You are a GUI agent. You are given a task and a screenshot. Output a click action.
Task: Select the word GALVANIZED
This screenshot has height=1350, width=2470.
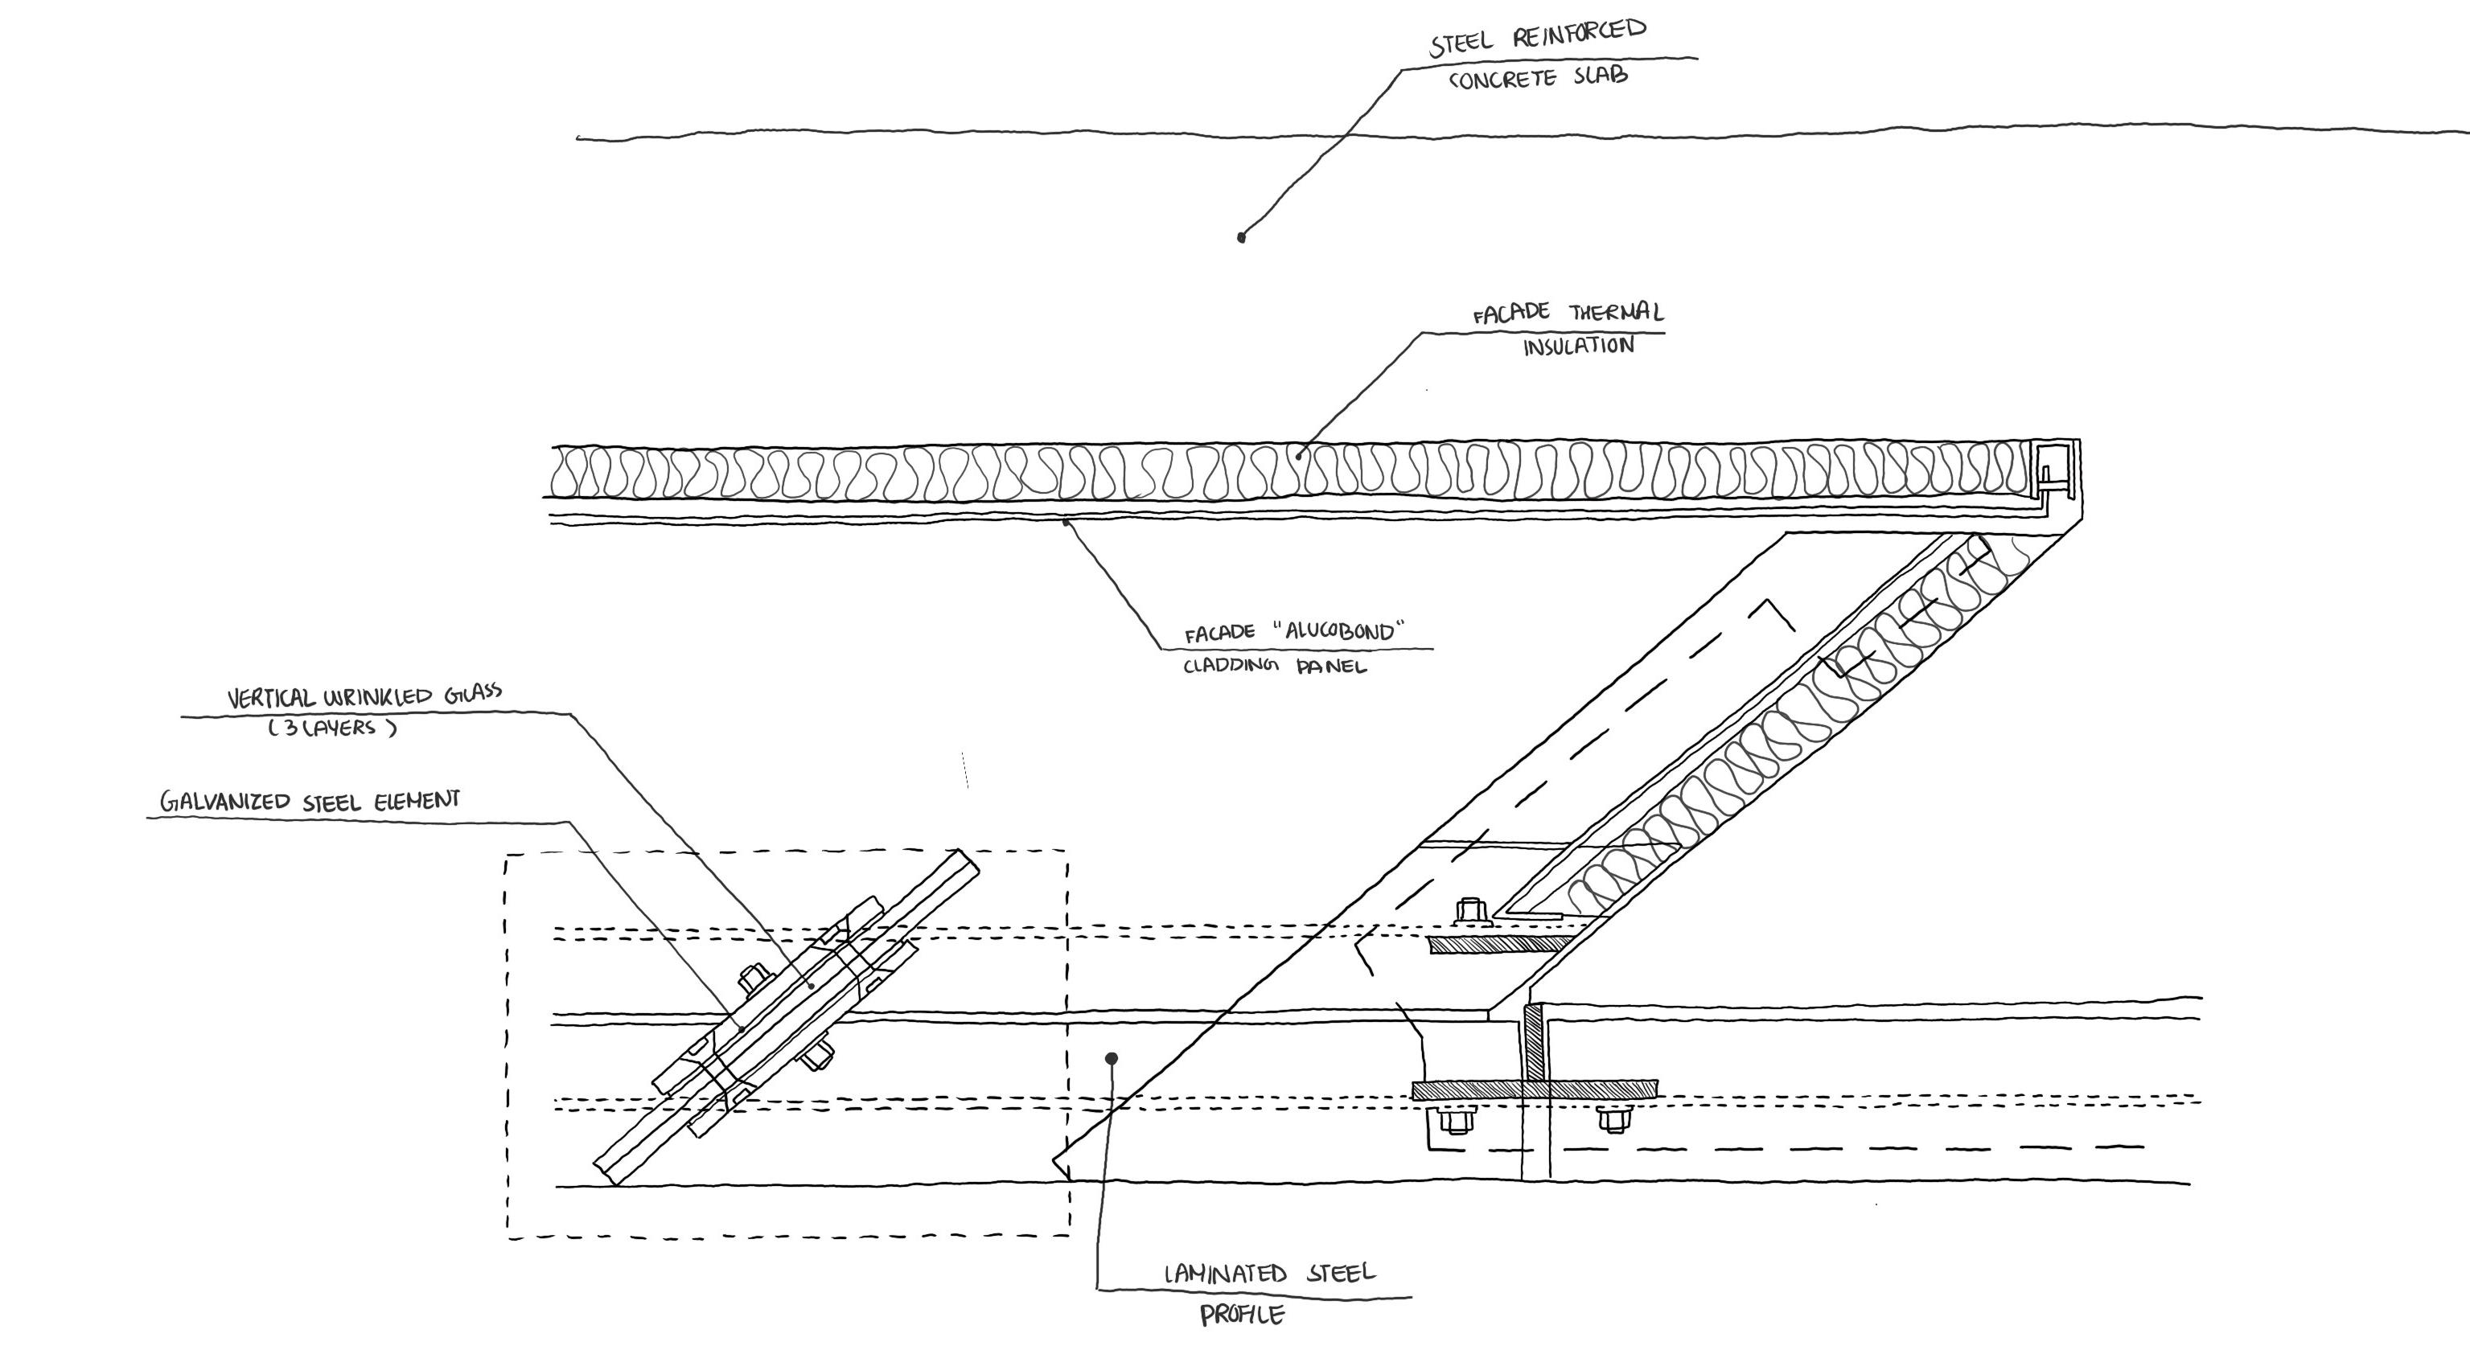(x=224, y=802)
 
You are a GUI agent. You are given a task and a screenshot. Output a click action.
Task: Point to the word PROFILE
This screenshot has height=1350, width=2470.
(x=1242, y=1315)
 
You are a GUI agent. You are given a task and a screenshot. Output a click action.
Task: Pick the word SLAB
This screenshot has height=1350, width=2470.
(x=1600, y=76)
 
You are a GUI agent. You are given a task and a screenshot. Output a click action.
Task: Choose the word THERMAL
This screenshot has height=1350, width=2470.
(x=1617, y=313)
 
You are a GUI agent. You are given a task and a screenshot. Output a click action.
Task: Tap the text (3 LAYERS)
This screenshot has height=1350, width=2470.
(x=331, y=728)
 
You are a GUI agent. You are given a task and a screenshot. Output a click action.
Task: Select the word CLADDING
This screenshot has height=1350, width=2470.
(x=1231, y=666)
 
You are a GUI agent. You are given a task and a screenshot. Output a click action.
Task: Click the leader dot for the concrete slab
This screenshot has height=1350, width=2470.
(x=1241, y=237)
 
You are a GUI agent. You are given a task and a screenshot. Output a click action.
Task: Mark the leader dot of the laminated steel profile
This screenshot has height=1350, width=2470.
(x=1112, y=1058)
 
